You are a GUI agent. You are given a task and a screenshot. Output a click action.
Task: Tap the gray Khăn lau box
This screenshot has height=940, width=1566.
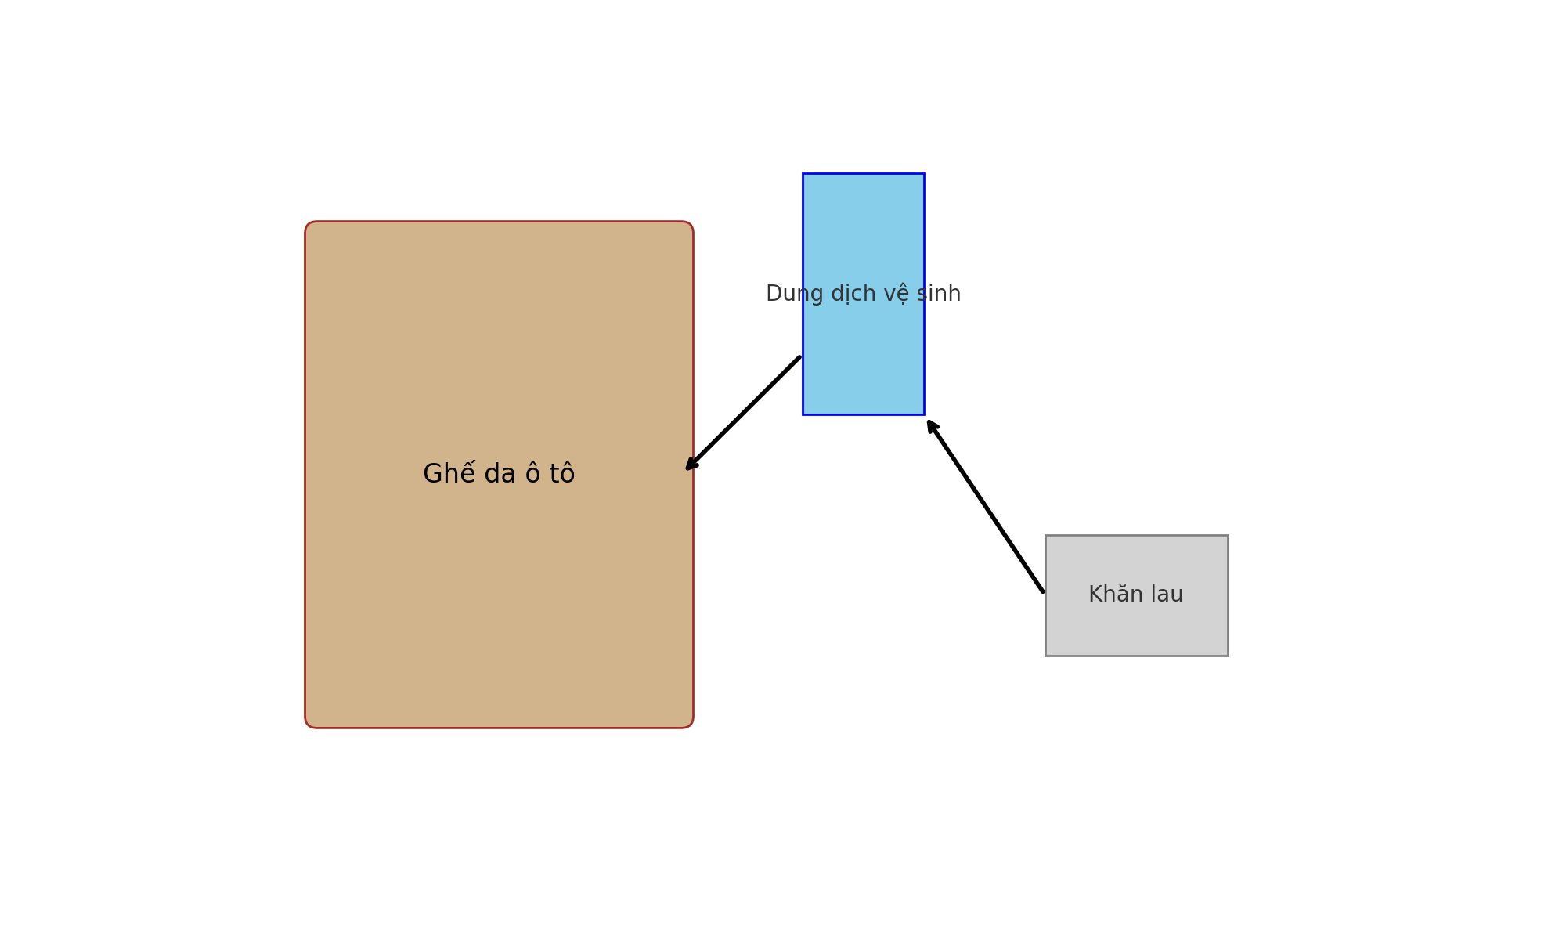tap(1136, 627)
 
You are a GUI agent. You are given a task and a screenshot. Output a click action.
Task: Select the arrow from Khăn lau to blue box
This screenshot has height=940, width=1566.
tap(986, 506)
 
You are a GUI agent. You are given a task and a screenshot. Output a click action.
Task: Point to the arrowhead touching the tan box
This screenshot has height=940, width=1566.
tap(690, 466)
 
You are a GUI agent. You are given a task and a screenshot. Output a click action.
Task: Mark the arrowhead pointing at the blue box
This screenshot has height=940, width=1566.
tap(931, 425)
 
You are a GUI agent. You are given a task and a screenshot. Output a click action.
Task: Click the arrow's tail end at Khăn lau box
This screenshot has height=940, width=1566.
tap(1042, 591)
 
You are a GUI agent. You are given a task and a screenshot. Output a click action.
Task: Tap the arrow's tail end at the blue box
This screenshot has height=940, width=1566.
tap(799, 358)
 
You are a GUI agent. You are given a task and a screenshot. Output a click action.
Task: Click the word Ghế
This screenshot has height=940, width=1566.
tap(449, 474)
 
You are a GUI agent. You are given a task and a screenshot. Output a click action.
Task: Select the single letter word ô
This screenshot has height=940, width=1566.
tap(532, 474)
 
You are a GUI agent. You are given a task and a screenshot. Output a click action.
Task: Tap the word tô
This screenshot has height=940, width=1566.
tap(561, 474)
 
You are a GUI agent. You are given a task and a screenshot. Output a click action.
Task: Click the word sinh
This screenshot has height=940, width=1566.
tap(940, 295)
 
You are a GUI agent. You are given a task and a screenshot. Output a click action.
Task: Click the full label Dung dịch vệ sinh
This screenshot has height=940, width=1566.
tap(863, 295)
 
